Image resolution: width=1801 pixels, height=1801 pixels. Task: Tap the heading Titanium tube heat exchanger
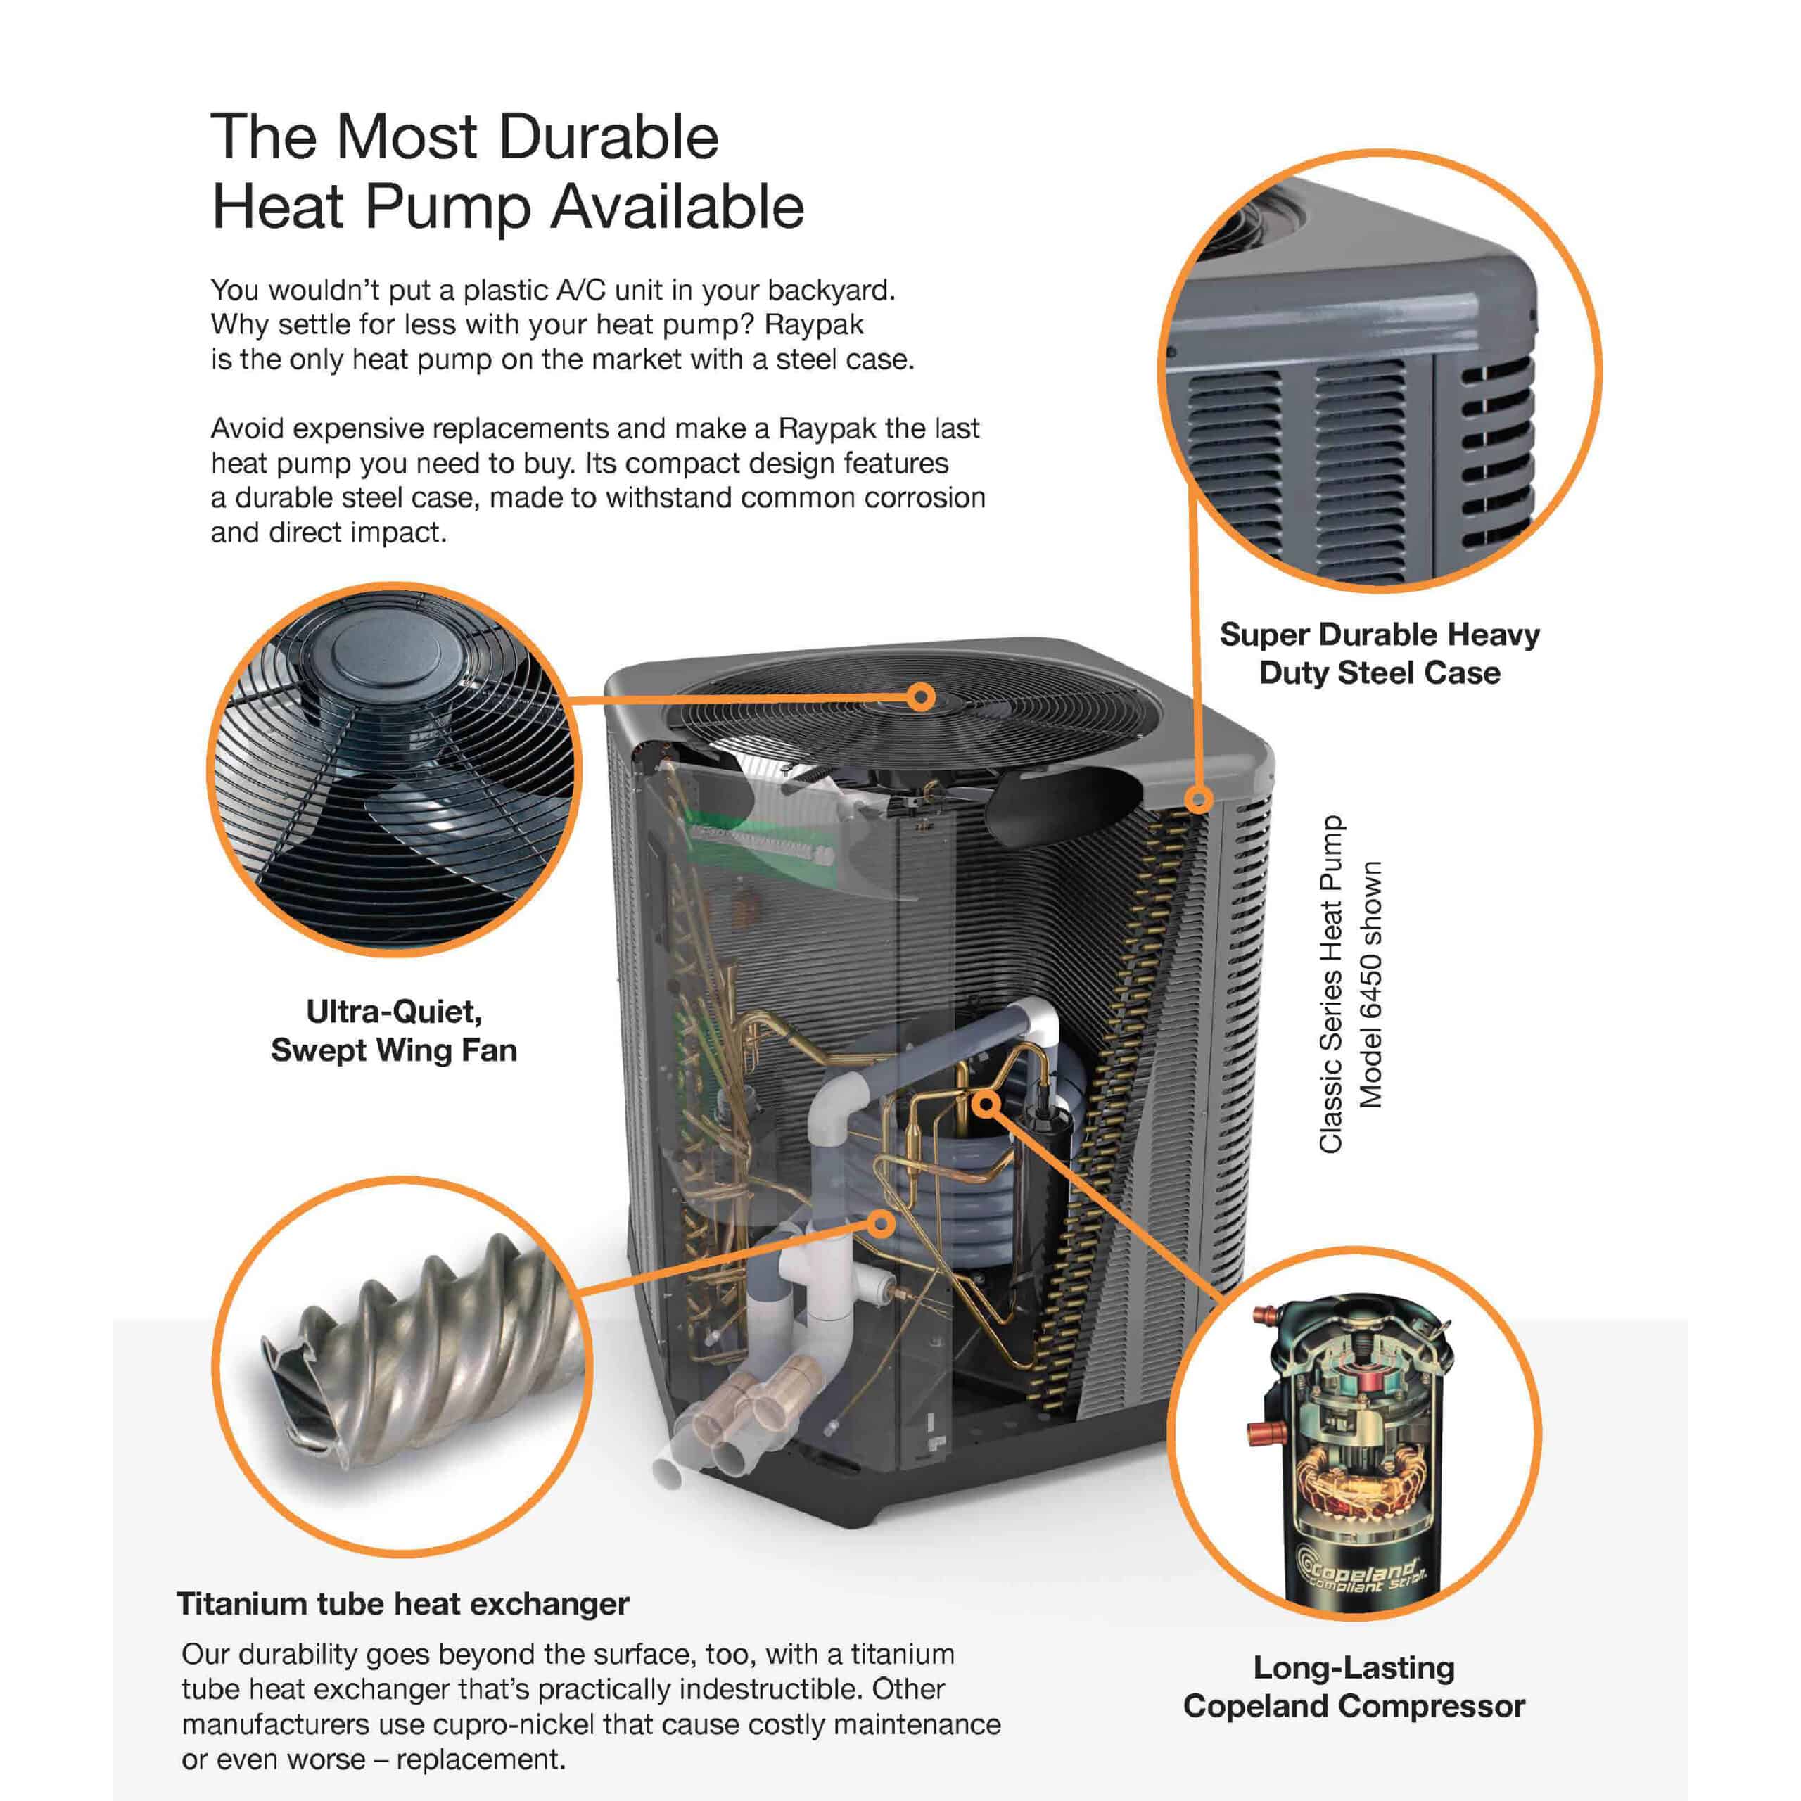pyautogui.click(x=402, y=1603)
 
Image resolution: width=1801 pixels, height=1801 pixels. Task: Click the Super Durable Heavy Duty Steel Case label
pyautogui.click(x=1380, y=653)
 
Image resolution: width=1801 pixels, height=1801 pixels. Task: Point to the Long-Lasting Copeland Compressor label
pyautogui.click(x=1354, y=1686)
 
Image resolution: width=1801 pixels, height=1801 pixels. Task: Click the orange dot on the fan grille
pyautogui.click(x=921, y=696)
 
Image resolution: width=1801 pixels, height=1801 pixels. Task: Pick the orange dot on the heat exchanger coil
pyautogui.click(x=881, y=1222)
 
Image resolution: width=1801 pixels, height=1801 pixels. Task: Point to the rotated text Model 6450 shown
pyautogui.click(x=1370, y=984)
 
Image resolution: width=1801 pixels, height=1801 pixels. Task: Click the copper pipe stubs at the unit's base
pyautogui.click(x=746, y=1399)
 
